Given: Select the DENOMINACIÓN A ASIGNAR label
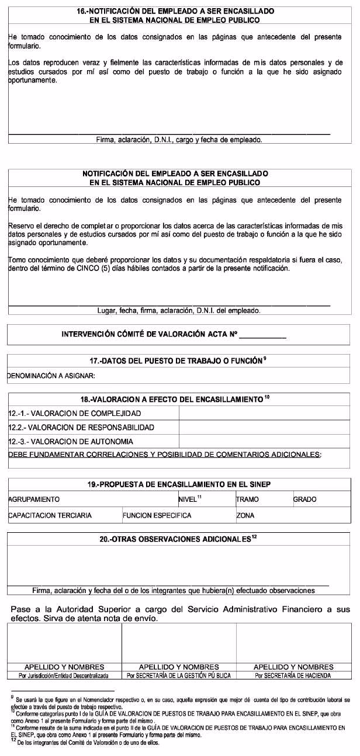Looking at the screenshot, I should (51, 376).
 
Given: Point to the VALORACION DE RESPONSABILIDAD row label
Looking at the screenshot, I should (81, 427).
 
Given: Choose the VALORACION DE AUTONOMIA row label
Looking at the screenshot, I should (71, 442).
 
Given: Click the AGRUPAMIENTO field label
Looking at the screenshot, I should (34, 500).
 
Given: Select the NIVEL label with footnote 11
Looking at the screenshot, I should (189, 499).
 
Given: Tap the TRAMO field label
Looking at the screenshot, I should (247, 500).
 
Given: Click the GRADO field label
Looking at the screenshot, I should (304, 500).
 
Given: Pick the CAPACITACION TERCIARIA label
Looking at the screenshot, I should (50, 516).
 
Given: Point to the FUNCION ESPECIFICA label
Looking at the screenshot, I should (157, 516).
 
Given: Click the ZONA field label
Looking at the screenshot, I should (245, 516).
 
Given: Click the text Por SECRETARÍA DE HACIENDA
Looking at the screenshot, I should (293, 675).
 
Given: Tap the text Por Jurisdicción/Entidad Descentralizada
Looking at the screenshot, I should (64, 675).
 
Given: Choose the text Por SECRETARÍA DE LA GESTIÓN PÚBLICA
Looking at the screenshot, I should (179, 675).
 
